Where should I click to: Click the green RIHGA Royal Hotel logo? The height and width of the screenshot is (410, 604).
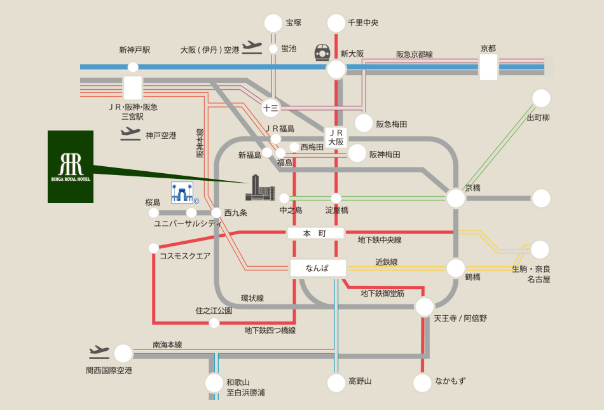tap(71, 167)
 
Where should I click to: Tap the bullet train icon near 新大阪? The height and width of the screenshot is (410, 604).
tap(322, 52)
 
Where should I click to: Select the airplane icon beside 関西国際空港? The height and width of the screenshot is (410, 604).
tap(99, 351)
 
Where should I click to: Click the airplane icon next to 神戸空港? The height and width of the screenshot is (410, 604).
tap(130, 134)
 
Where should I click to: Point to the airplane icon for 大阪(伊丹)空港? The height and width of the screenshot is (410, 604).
tap(252, 48)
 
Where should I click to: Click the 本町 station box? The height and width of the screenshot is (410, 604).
tap(315, 233)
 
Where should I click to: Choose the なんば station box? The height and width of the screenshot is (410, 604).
tap(318, 268)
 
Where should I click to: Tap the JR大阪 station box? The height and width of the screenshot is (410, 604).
tap(336, 138)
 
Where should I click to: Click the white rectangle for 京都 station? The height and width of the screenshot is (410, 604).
tap(488, 67)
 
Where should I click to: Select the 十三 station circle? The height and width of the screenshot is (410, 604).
tap(270, 108)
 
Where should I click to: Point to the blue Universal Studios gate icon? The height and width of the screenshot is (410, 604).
tap(182, 192)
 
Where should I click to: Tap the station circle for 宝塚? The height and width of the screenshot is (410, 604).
tap(273, 23)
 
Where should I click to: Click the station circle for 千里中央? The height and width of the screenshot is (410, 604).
tap(336, 23)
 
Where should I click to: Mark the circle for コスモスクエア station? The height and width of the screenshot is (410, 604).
tap(154, 248)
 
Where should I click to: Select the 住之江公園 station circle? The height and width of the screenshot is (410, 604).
tap(214, 323)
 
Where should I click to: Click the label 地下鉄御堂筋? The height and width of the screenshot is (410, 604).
tap(383, 293)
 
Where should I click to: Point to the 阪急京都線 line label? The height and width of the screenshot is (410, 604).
tap(415, 54)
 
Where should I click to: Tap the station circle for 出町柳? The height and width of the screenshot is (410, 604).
tap(541, 98)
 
